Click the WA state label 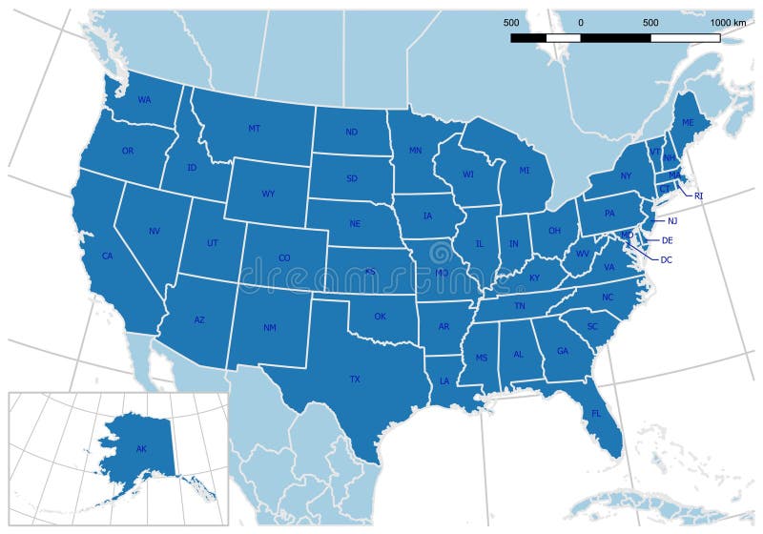point(144,99)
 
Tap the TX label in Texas point(355,380)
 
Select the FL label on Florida point(596,414)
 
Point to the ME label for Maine point(688,124)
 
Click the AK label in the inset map point(141,449)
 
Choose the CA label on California point(108,256)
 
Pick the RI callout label point(698,196)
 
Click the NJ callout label point(672,220)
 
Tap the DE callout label point(668,240)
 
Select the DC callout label point(667,259)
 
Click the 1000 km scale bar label point(728,22)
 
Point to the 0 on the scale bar point(581,22)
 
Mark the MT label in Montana point(255,129)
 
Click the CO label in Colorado point(284,257)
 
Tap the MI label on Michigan point(525,171)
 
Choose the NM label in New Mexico point(270,328)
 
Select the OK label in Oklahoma point(380,317)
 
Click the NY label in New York point(626,176)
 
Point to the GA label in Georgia point(563,351)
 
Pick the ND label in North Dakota point(352,133)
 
